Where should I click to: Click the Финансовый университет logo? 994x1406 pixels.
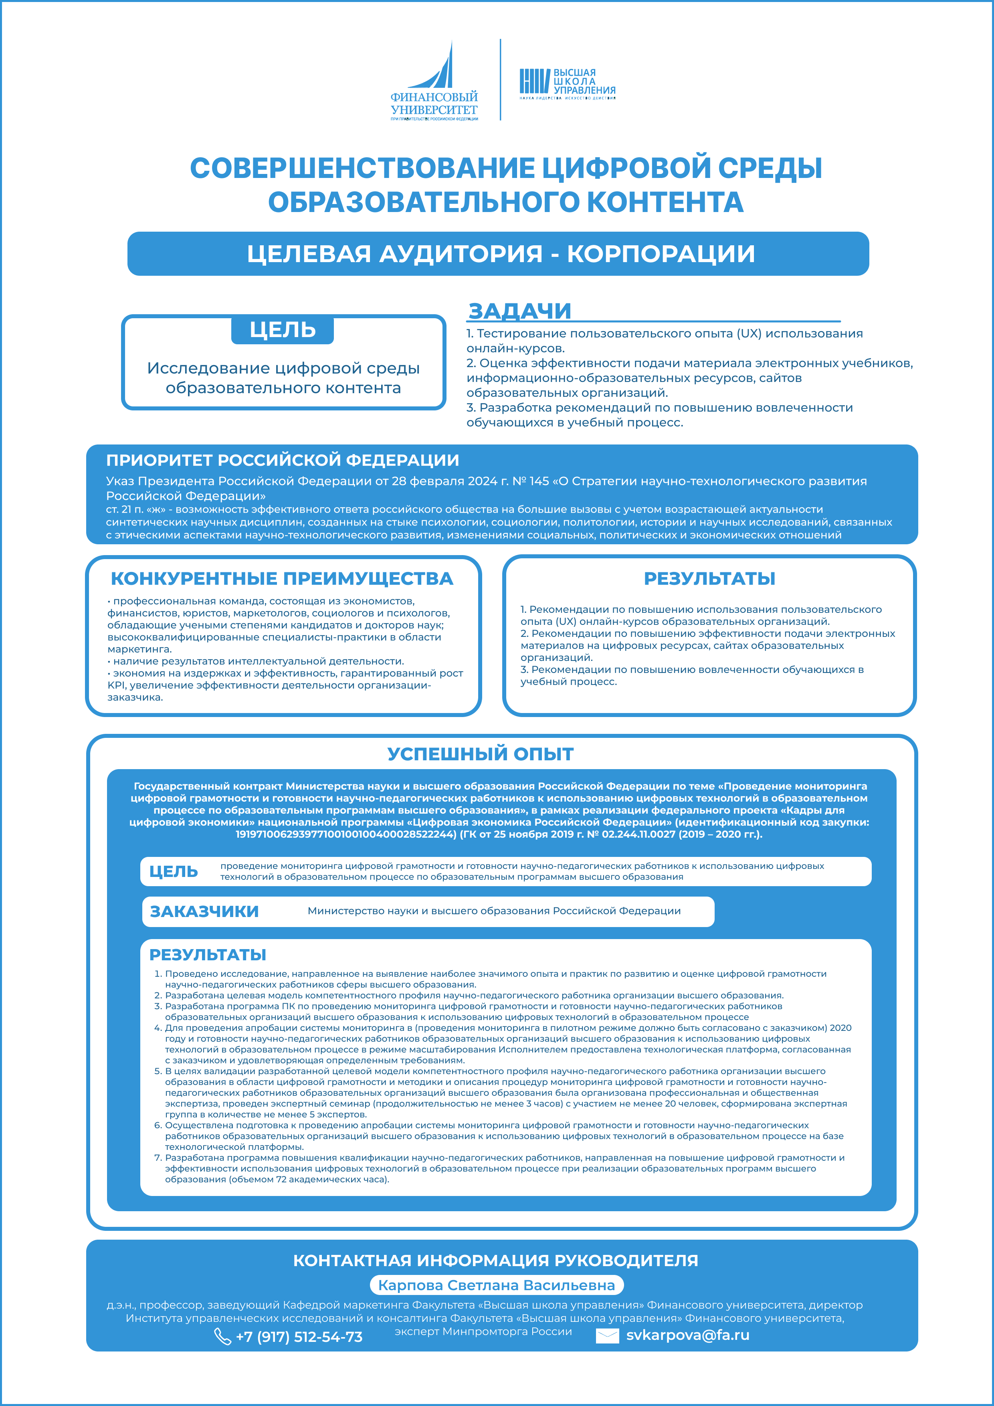(x=434, y=81)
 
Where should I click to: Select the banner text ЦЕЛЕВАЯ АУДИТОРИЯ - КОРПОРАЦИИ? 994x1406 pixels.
(x=500, y=254)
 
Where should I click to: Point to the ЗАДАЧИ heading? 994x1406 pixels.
(x=519, y=311)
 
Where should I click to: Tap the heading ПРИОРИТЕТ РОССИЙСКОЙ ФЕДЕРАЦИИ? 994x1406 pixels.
(x=282, y=460)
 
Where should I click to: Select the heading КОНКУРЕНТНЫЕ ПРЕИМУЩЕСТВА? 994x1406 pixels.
(x=282, y=579)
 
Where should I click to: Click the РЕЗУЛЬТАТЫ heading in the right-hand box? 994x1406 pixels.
(x=709, y=579)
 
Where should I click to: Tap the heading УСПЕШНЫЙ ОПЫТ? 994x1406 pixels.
(x=480, y=754)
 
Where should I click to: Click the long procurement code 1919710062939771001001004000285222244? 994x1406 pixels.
(x=346, y=834)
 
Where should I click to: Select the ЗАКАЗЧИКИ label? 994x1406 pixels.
(x=204, y=911)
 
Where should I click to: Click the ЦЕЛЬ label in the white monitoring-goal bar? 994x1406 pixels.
(x=174, y=871)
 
